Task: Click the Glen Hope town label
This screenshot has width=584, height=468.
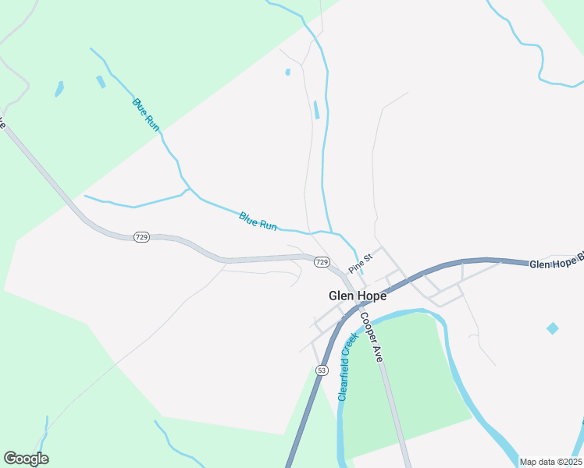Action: (358, 296)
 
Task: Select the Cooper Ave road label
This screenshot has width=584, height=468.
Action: (371, 337)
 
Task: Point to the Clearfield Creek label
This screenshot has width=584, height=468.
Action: (347, 367)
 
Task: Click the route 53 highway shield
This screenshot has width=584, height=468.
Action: (322, 369)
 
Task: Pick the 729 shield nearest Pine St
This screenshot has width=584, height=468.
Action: (322, 262)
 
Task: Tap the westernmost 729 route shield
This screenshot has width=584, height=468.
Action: (141, 236)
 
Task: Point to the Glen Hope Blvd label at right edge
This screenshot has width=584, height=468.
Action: (556, 264)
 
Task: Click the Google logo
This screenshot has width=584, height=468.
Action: (26, 459)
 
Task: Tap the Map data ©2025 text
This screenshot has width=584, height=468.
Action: (550, 462)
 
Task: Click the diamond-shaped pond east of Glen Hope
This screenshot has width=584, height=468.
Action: (553, 328)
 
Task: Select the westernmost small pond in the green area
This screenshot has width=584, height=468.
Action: (59, 89)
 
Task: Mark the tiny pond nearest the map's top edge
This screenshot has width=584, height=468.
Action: (288, 73)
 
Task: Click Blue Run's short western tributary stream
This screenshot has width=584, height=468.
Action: (133, 205)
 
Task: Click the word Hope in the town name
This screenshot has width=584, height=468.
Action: (372, 296)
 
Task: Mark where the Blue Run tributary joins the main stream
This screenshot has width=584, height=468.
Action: (188, 190)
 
